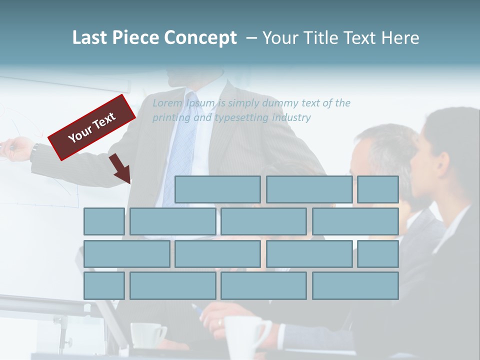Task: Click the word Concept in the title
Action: pyautogui.click(x=200, y=38)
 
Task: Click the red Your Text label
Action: pyautogui.click(x=91, y=127)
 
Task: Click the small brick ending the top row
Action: pyautogui.click(x=378, y=189)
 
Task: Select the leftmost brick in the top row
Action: pyautogui.click(x=217, y=189)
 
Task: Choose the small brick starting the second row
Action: pyautogui.click(x=104, y=221)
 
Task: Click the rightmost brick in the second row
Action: pyautogui.click(x=355, y=221)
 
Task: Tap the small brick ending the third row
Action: pyautogui.click(x=378, y=253)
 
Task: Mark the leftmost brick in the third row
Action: pyautogui.click(x=126, y=253)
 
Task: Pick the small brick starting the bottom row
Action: pyautogui.click(x=104, y=285)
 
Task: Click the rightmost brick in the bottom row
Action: pyautogui.click(x=355, y=285)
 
